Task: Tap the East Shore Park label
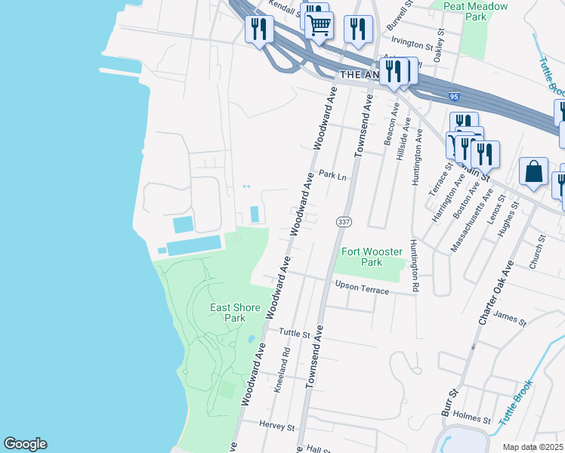click(x=235, y=313)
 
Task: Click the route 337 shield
click(x=344, y=221)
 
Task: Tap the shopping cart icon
click(x=319, y=24)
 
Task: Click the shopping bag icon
click(x=533, y=171)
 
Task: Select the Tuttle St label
click(x=295, y=333)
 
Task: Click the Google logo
click(x=25, y=444)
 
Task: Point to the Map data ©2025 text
click(x=533, y=447)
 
